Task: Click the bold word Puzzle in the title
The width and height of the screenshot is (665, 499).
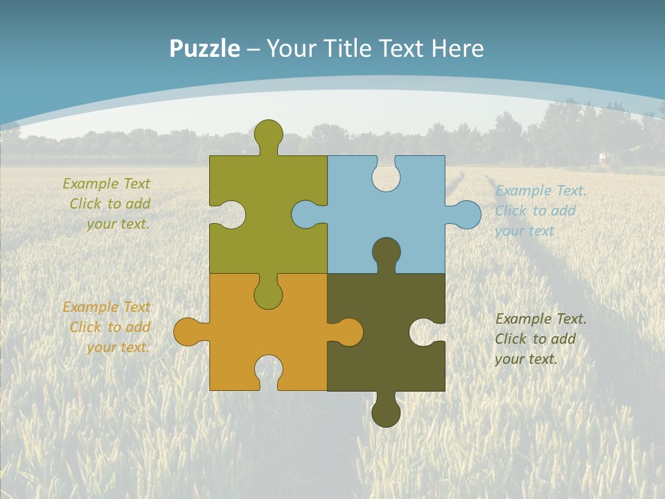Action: [x=205, y=49]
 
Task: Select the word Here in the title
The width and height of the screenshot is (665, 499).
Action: [x=457, y=49]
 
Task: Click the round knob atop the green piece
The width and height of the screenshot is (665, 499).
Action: [x=268, y=134]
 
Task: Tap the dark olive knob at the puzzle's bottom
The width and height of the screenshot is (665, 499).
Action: [x=386, y=412]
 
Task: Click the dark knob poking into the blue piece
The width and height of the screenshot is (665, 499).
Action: [x=386, y=251]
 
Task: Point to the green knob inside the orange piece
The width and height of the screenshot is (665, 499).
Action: [x=268, y=295]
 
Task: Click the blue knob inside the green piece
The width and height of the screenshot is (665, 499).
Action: [x=305, y=215]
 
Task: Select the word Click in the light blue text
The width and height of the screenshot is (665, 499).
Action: [x=511, y=211]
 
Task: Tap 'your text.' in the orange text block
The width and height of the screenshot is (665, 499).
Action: [x=118, y=347]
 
